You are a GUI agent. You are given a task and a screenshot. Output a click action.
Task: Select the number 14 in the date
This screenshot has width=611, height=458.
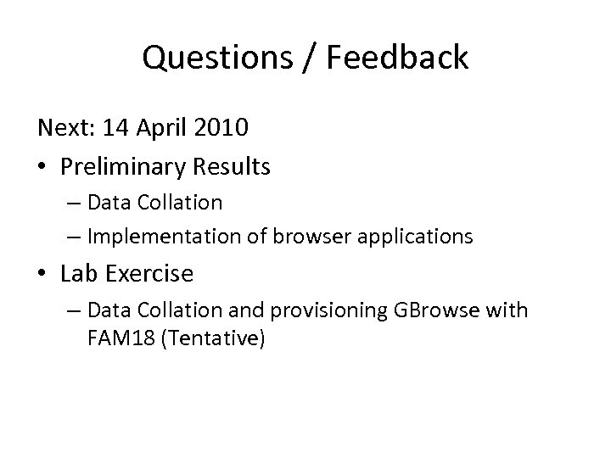click(113, 129)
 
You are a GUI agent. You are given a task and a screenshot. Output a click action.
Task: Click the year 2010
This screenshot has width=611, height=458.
click(221, 129)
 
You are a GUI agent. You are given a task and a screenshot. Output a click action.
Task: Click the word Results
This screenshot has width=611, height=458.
click(233, 165)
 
